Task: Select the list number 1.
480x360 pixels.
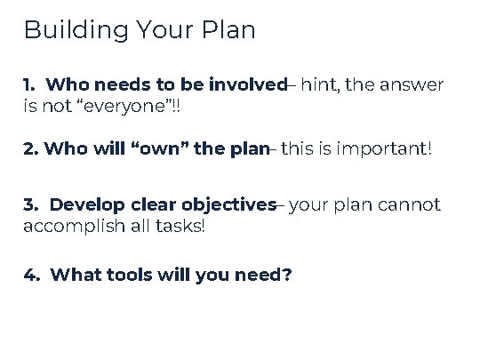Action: pyautogui.click(x=28, y=86)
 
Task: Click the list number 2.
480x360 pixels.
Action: pyautogui.click(x=30, y=148)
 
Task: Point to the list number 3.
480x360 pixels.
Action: pyautogui.click(x=29, y=205)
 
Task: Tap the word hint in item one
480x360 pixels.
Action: pyautogui.click(x=320, y=86)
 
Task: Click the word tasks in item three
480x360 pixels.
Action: pyautogui.click(x=181, y=227)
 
